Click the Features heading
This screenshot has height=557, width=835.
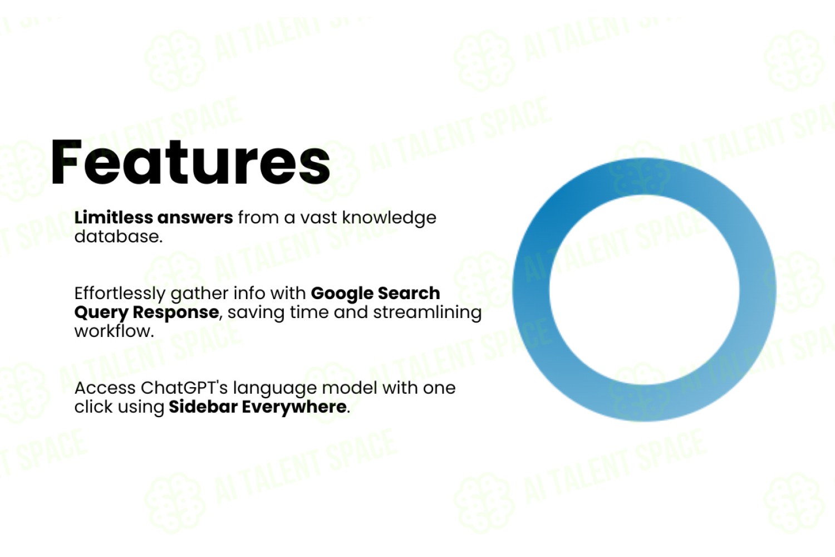click(190, 162)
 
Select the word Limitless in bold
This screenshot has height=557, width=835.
click(114, 217)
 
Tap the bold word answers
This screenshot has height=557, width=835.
click(195, 218)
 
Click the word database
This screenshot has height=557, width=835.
click(119, 237)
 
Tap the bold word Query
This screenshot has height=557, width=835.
click(101, 313)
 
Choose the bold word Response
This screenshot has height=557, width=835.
click(176, 313)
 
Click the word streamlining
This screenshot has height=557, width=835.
click(428, 313)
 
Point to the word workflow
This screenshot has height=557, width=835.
click(114, 331)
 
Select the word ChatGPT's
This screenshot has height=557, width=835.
click(184, 388)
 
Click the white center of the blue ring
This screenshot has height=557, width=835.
click(644, 290)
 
